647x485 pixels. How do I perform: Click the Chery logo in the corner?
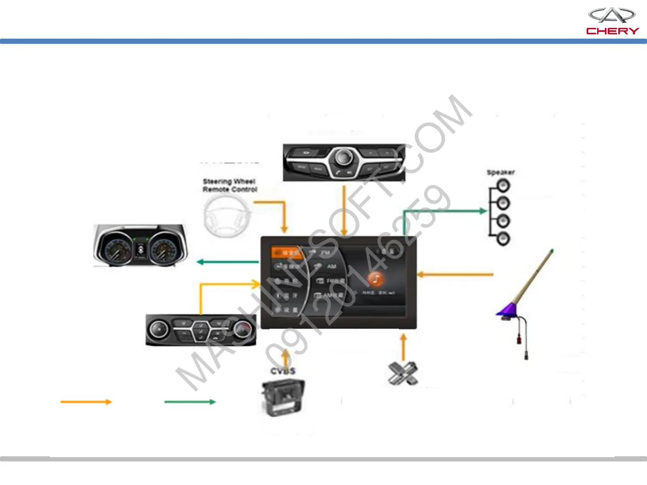[612, 21]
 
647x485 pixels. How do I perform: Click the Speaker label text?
[501, 172]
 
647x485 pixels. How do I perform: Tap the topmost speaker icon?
[503, 185]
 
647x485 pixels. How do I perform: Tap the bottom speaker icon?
[503, 238]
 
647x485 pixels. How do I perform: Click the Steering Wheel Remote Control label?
[230, 185]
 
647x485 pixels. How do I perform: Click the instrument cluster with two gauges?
[140, 246]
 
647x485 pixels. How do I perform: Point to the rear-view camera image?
[283, 397]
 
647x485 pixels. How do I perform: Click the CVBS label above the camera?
[283, 371]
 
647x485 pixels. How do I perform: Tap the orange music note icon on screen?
[376, 279]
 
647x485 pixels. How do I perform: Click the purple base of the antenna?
[507, 309]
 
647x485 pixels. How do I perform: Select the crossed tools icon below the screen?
[403, 373]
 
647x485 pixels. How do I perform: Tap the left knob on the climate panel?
[158, 330]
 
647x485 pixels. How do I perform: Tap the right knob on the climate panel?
[243, 330]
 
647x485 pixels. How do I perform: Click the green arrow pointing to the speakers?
[445, 211]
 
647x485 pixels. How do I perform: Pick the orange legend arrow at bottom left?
[86, 402]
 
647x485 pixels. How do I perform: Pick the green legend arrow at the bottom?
[190, 402]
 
